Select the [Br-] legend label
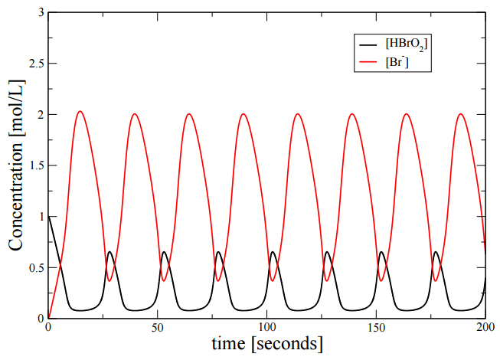[397, 65]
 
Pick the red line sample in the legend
[366, 64]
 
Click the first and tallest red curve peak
[80, 112]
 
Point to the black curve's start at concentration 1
[48, 217]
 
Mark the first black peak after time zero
[109, 252]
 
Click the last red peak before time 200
[461, 115]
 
